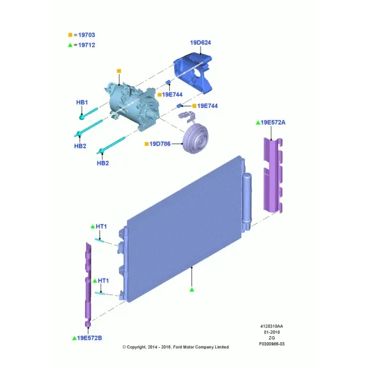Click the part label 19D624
[x=201, y=43]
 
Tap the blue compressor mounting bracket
[x=193, y=73]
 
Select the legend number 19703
[x=86, y=35]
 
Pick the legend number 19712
[x=86, y=45]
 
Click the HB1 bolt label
[x=82, y=102]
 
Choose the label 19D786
[x=160, y=144]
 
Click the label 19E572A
[x=273, y=123]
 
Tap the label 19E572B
[x=90, y=338]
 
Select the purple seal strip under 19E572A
[x=273, y=175]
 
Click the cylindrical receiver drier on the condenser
[x=247, y=202]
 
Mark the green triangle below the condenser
[x=192, y=290]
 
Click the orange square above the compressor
[x=119, y=71]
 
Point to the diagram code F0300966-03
[x=272, y=344]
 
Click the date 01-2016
[x=272, y=332]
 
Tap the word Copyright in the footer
[x=136, y=347]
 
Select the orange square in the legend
[x=70, y=35]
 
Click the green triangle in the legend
[x=70, y=45]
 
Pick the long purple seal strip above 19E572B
[x=88, y=285]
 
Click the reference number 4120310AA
[x=272, y=326]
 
